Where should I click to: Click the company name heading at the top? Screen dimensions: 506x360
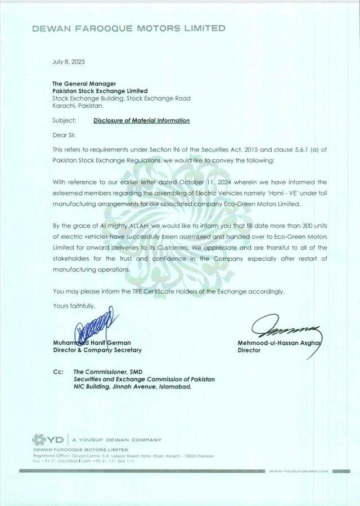point(129,29)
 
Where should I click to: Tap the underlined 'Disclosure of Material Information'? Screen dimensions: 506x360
point(141,120)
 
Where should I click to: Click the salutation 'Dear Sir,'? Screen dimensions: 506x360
point(64,134)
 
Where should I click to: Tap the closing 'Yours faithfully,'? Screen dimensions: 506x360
point(74,306)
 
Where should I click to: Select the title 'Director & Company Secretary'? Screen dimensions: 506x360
point(97,350)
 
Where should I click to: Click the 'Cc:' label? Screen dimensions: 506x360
point(58,372)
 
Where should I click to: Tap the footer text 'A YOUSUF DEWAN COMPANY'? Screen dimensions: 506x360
point(116,440)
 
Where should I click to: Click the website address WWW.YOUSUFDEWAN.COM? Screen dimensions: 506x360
point(298,471)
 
